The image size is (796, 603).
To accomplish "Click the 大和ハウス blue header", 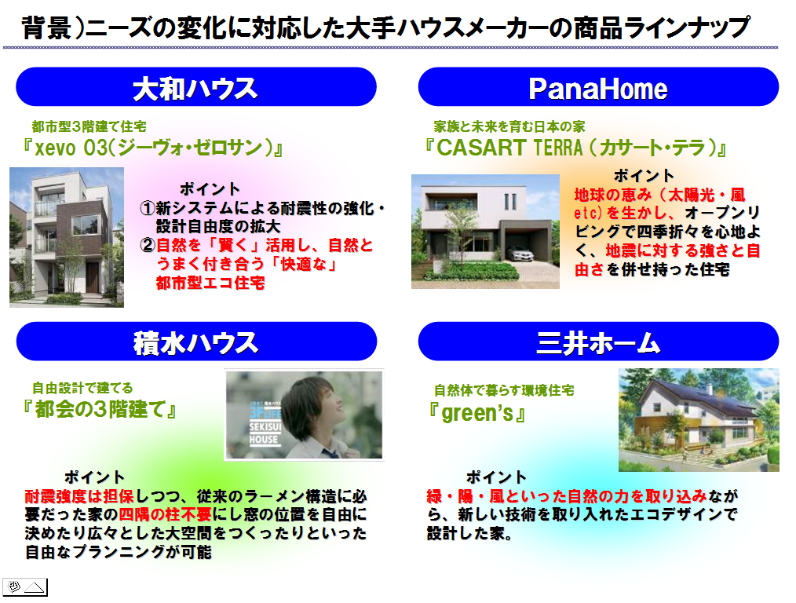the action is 196,87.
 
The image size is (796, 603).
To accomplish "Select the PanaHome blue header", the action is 598,87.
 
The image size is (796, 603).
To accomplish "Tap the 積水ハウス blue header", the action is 196,342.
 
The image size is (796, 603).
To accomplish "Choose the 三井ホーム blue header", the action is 598,342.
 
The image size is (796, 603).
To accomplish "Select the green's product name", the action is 477,413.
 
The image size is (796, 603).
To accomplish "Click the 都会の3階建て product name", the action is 100,409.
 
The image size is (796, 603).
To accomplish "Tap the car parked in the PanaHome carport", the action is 520,254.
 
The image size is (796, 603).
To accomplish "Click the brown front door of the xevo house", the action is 92,277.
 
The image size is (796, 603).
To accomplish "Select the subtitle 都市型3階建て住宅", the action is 89,126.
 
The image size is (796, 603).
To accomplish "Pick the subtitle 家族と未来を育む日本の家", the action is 509,126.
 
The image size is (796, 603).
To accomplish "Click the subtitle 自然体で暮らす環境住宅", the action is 504,390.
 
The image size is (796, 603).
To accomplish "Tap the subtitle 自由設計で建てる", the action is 82,389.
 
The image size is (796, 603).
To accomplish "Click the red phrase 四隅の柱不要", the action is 165,515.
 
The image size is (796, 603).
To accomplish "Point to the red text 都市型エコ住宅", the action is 210,283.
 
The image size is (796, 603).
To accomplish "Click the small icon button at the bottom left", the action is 25,587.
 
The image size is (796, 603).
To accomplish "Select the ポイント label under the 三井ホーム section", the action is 496,477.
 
